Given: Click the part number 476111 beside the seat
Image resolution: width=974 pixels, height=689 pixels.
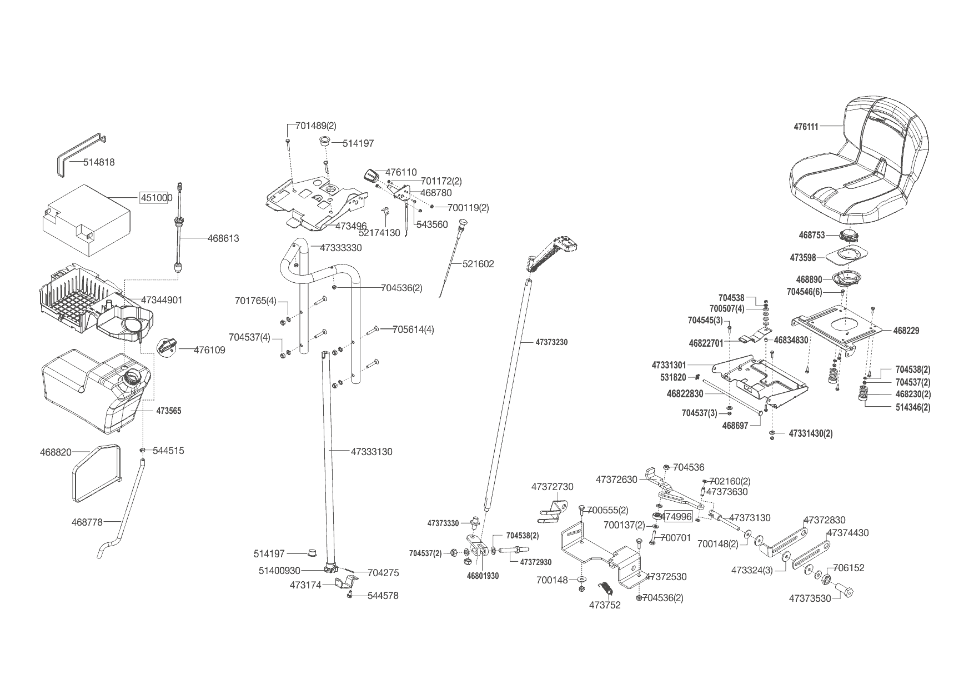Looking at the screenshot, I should [x=806, y=127].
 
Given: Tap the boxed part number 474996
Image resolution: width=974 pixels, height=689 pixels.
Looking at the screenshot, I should [x=677, y=516].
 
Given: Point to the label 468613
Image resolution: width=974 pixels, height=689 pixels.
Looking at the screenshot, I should [x=223, y=238].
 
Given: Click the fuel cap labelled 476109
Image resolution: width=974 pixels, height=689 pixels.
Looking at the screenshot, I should [x=167, y=347].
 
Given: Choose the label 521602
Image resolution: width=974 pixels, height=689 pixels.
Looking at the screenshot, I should [x=478, y=264].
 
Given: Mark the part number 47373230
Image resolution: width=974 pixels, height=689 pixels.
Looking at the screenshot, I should [x=551, y=342].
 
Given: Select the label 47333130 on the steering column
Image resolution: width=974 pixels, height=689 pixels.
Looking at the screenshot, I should [x=371, y=452].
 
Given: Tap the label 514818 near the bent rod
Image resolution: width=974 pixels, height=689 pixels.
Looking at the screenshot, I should [x=99, y=162].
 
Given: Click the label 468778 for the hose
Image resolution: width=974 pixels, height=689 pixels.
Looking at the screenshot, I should [x=87, y=522].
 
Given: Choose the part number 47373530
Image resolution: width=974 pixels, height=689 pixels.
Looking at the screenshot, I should [x=810, y=598].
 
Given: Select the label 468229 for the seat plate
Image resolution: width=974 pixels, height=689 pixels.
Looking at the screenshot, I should [x=906, y=331].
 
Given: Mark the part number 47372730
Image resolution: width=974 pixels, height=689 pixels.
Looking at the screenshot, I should [x=552, y=487].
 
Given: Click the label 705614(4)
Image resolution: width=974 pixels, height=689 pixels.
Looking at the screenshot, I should [x=413, y=329].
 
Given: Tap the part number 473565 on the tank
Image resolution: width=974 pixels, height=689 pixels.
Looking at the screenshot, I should [x=168, y=411].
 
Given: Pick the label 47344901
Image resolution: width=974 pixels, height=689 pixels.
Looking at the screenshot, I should [x=162, y=300].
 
